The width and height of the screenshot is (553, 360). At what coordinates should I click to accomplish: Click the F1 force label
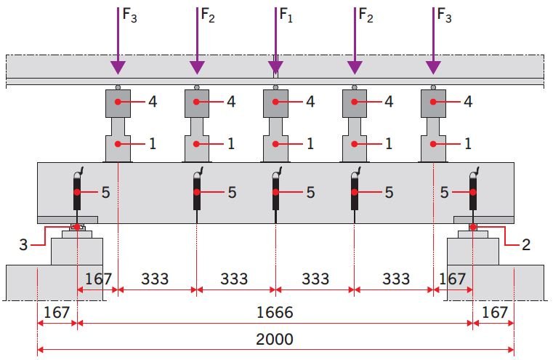[x=286, y=15]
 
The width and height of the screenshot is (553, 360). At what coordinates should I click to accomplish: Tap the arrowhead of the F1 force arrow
[x=275, y=68]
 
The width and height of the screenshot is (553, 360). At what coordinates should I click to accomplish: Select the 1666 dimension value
[x=275, y=312]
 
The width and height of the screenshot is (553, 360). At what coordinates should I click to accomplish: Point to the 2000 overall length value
[x=275, y=339]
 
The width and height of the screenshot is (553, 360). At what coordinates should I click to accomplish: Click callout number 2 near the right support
[x=526, y=244]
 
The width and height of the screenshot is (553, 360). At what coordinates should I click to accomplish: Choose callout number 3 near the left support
[x=23, y=244]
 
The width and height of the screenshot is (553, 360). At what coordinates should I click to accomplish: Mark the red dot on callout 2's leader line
[x=473, y=227]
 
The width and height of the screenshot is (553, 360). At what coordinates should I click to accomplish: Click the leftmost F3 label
[x=129, y=15]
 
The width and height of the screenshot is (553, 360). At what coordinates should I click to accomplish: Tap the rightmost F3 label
[x=445, y=15]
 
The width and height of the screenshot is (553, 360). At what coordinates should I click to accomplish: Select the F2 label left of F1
[x=208, y=15]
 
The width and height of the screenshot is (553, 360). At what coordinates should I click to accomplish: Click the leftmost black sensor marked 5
[x=77, y=192]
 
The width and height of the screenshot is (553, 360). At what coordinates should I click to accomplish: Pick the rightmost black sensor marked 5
[x=473, y=192]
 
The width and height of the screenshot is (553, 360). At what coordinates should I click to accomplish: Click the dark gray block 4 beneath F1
[x=275, y=103]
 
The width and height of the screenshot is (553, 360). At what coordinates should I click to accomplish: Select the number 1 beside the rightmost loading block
[x=468, y=144]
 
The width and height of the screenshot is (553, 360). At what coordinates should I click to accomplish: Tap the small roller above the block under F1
[x=275, y=87]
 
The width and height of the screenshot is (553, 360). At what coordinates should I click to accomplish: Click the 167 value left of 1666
[x=57, y=312]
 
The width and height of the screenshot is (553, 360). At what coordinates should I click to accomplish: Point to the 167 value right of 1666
[x=494, y=312]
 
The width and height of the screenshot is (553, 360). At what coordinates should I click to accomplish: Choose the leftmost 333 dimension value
[x=155, y=279]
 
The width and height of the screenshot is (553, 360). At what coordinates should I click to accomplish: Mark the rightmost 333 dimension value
[x=396, y=279]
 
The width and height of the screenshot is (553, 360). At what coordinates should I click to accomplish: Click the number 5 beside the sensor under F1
[x=310, y=192]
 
